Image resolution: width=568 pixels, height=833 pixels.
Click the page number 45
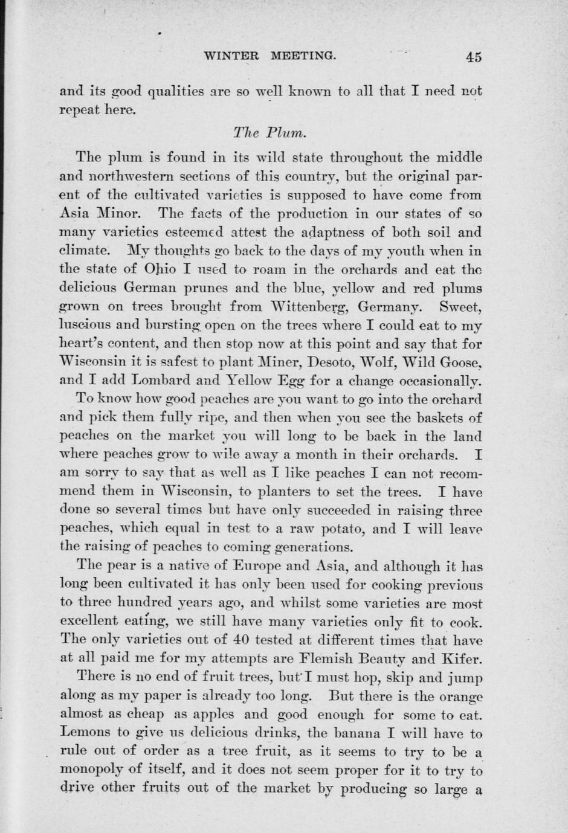pos(473,57)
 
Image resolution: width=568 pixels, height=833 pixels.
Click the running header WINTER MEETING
pos(269,56)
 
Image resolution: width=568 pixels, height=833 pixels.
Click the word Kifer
pos(461,659)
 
